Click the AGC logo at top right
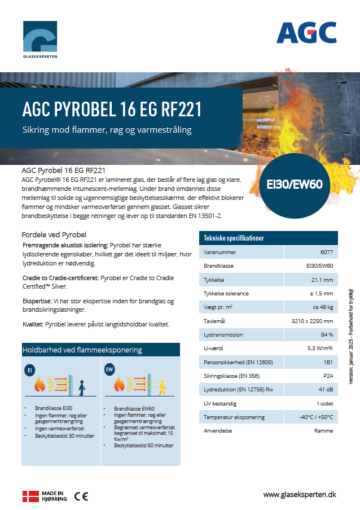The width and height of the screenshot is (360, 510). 306,33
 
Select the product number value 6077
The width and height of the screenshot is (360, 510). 326,252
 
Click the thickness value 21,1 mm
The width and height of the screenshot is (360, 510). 322,280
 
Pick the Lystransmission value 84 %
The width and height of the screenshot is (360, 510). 326,335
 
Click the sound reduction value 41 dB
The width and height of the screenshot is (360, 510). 325,390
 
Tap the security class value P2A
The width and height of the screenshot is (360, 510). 327,376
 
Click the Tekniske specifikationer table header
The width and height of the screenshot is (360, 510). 234,238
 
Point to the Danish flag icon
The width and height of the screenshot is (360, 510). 30,496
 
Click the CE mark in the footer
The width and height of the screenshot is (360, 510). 81,496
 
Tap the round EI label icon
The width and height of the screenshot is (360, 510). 31,370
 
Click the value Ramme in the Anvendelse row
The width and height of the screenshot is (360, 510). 323,431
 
